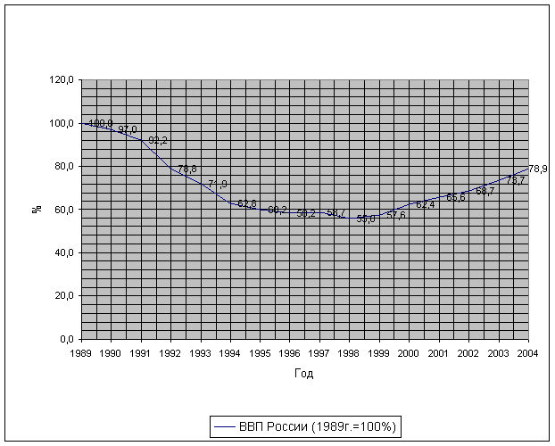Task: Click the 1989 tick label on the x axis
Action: click(81, 354)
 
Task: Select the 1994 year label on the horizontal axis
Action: click(230, 354)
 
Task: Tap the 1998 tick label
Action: click(350, 354)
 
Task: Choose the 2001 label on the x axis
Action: click(439, 354)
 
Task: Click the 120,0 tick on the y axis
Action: click(62, 80)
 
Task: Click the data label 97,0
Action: click(128, 130)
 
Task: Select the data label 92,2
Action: click(158, 141)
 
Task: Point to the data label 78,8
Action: click(187, 169)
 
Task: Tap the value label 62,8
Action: click(247, 204)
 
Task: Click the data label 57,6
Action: click(396, 215)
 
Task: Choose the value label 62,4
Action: click(426, 205)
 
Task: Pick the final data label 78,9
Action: click(538, 169)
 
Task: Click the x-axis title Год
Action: click(304, 374)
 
